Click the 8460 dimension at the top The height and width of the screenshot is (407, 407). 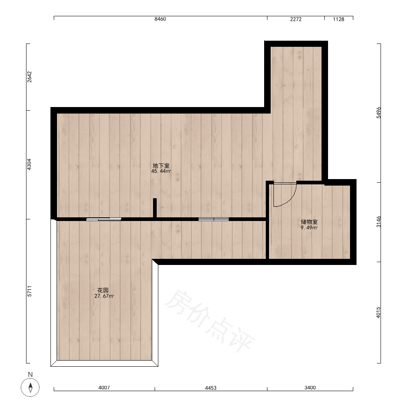160,19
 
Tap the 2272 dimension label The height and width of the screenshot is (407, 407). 295,19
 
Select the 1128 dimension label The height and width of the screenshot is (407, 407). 339,19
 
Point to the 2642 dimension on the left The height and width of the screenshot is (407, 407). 29,77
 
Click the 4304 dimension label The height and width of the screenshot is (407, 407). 29,164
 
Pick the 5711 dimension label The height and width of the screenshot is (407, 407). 29,291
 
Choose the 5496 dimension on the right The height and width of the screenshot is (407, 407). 379,113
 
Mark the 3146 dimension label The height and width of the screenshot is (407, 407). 379,222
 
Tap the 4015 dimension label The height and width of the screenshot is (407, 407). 378,313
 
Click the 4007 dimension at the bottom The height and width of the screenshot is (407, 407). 104,387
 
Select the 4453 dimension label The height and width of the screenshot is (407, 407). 210,388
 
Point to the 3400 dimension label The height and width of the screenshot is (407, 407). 310,387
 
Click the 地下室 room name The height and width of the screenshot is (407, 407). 161,166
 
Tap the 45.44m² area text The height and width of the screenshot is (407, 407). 161,171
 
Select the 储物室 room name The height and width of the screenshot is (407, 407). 309,222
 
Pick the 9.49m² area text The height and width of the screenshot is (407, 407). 309,228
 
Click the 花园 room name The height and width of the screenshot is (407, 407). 103,290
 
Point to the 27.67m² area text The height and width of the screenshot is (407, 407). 104,296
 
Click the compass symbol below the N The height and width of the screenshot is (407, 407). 31,387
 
